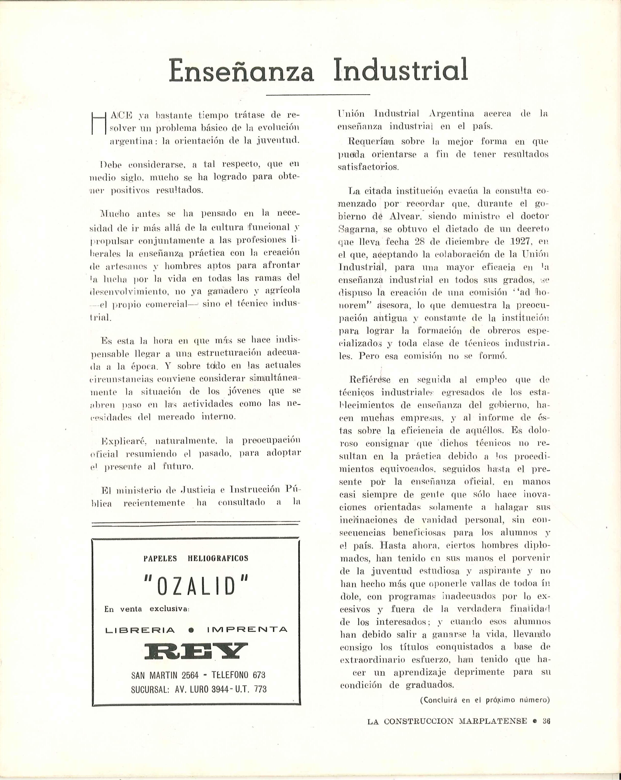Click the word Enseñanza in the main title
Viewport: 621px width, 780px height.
click(x=241, y=70)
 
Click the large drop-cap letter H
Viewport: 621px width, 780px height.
click(x=98, y=123)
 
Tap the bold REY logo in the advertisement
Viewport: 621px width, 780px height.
click(x=196, y=651)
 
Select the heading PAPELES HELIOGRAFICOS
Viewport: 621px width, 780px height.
click(x=196, y=558)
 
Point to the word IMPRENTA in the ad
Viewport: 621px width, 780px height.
click(x=247, y=630)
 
